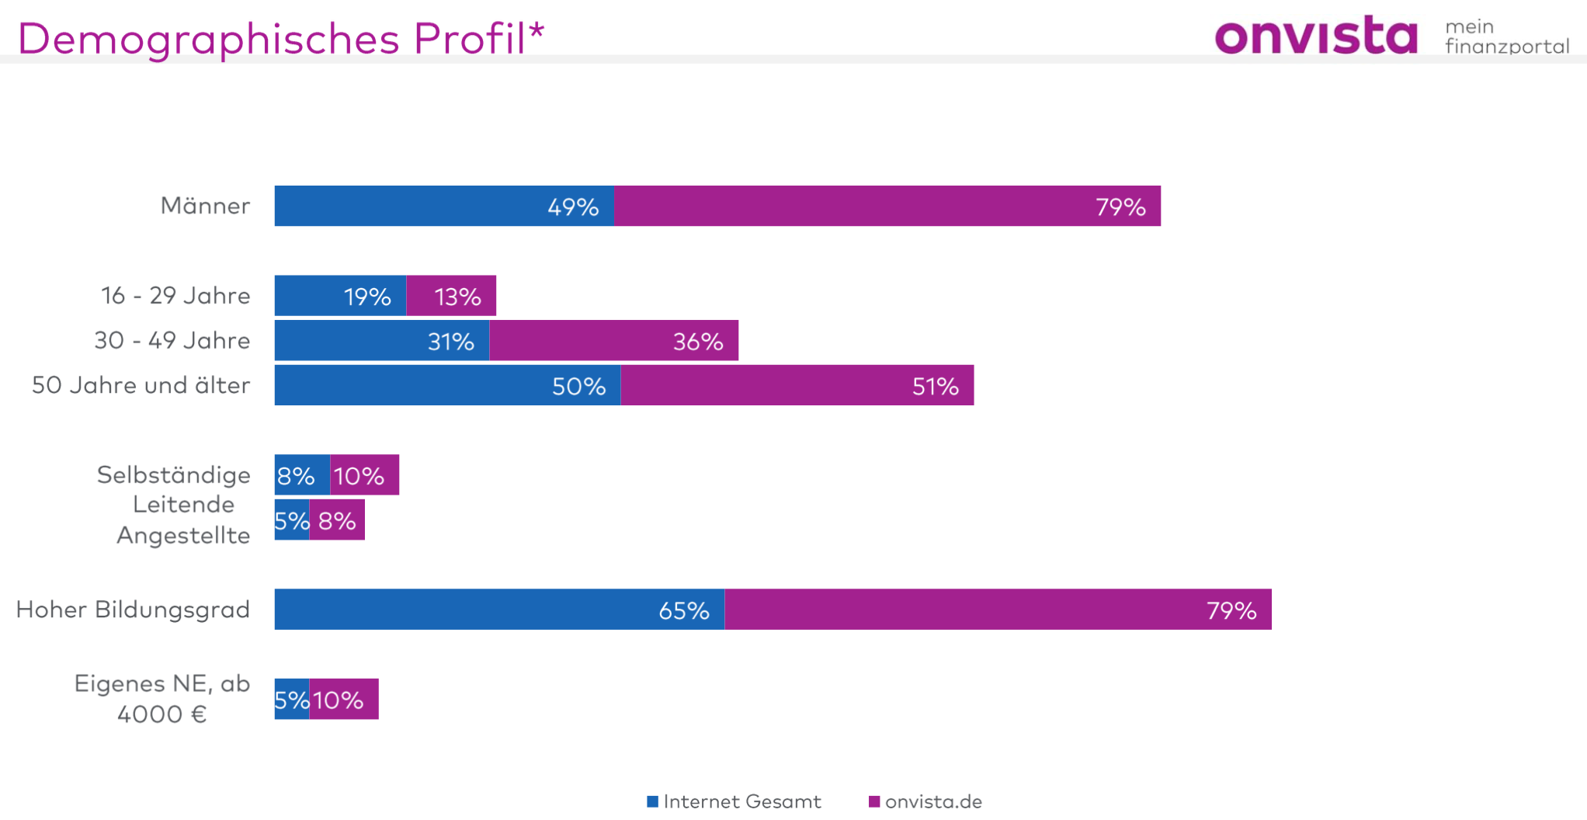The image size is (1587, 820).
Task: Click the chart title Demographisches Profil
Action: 280,38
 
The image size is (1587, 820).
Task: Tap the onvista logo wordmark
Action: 1316,36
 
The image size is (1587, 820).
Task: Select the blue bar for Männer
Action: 443,206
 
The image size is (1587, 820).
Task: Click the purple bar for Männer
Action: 887,206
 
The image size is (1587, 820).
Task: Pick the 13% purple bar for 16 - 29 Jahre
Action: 451,296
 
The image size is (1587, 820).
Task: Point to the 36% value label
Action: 697,342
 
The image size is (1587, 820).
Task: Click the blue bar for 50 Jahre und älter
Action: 447,385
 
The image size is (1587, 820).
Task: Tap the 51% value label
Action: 935,387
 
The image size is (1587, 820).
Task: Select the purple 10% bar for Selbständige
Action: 364,475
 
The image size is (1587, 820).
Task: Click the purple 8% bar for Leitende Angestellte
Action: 337,520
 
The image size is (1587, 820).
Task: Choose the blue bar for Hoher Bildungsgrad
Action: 499,610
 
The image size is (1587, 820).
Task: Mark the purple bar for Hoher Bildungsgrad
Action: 998,610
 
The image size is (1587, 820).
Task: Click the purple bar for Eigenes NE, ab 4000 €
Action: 344,700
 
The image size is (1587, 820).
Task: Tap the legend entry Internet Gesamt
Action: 734,801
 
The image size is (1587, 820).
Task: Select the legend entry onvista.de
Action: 925,801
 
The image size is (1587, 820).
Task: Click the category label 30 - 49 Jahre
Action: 172,340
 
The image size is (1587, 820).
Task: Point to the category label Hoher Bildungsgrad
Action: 133,610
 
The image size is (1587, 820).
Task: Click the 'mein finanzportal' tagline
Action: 1506,36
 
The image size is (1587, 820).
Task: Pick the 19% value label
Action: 367,297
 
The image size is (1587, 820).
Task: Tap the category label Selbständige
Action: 174,474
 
